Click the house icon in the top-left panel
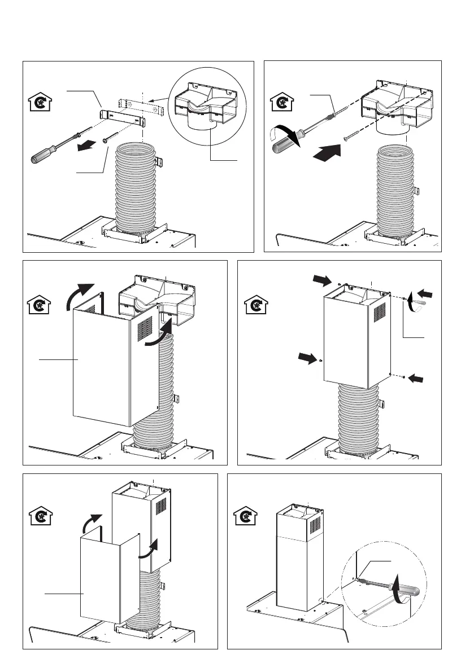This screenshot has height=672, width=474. click(x=38, y=104)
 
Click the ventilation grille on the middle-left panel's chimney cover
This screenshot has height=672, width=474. click(x=146, y=327)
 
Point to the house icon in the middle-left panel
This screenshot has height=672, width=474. click(x=38, y=306)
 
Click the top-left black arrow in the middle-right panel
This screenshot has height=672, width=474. click(x=322, y=279)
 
